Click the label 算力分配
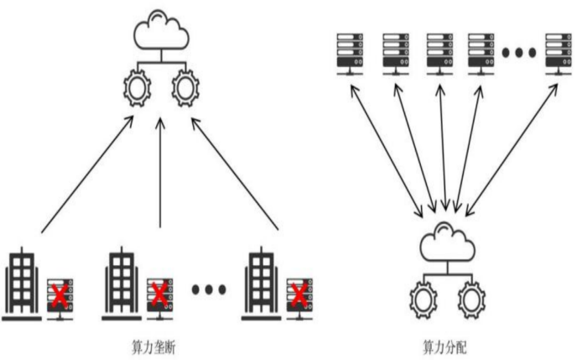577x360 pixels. [x=444, y=346]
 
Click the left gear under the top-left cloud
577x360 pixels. [x=136, y=89]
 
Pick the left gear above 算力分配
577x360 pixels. [x=422, y=299]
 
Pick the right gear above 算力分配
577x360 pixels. [x=470, y=299]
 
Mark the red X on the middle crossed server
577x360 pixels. [x=159, y=294]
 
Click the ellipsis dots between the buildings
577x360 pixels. [x=209, y=290]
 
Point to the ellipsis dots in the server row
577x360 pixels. [x=519, y=53]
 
